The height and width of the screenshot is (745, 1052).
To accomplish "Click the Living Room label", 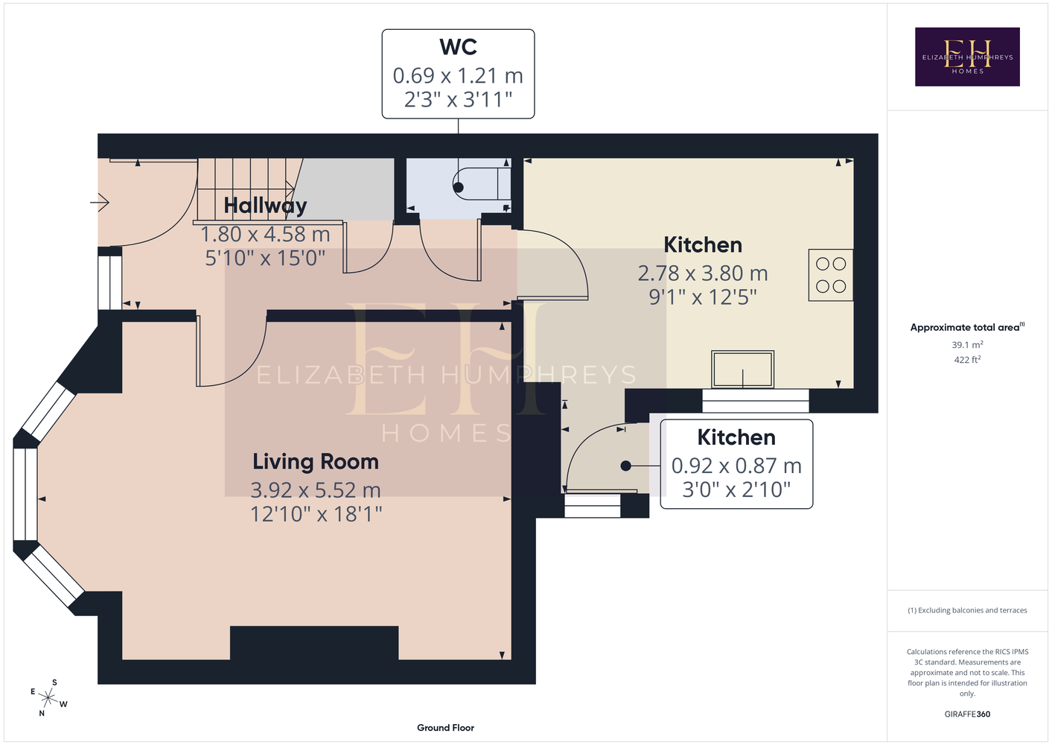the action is click(316, 462).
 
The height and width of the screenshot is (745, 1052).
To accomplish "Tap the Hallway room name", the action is click(265, 206).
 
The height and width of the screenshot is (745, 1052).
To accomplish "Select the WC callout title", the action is click(459, 47).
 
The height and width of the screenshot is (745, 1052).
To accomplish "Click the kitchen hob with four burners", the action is click(831, 275).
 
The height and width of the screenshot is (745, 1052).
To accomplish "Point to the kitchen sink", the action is click(742, 370).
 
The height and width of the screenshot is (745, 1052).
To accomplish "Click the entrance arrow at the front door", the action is click(100, 203).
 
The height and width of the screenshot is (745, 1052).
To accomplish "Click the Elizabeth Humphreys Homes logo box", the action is click(967, 57).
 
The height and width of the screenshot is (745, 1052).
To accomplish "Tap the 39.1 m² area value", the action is click(967, 344).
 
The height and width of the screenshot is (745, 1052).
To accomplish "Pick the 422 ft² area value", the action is click(967, 360).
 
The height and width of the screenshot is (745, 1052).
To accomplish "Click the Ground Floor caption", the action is click(446, 728).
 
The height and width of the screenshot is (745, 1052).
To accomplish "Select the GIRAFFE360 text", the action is click(967, 714).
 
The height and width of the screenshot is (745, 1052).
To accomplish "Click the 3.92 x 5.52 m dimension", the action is click(316, 490).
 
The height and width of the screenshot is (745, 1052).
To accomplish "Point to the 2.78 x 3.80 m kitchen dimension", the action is click(703, 273).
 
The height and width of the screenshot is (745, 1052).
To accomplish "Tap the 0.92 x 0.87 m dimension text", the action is click(736, 466).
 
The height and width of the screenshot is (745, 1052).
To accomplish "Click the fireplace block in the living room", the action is click(314, 643).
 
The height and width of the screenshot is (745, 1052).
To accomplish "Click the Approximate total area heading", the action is click(967, 327).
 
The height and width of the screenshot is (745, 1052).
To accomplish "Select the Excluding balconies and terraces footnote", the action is click(967, 610).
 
